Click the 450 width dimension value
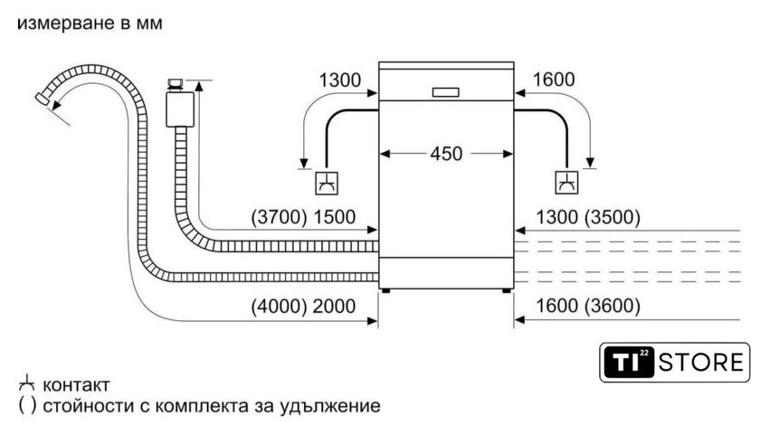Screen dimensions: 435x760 point(445,154)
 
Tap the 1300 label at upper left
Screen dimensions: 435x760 point(339,80)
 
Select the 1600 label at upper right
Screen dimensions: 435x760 point(554,80)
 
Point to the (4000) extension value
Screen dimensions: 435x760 point(276,307)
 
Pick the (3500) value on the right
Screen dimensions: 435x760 point(613,217)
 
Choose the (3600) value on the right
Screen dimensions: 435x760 point(613,307)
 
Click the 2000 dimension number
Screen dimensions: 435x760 point(334,307)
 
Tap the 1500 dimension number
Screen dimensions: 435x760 point(334,217)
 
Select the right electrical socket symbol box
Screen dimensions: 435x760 point(567,184)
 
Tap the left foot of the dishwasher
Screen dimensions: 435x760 point(387,290)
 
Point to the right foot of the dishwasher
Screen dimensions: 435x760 point(506,290)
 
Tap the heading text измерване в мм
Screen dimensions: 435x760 point(90,24)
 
